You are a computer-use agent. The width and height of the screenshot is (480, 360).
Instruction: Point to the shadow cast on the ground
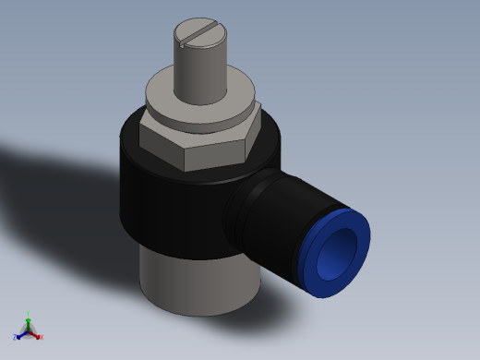pos(55,185)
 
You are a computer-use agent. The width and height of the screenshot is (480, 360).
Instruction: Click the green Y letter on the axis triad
pos(28,313)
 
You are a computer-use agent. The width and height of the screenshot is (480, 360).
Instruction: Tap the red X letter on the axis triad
pos(42,337)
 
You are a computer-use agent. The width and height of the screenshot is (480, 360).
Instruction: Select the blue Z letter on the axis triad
pos(15,338)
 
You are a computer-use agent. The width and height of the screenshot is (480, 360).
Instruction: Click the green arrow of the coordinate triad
pos(28,323)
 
